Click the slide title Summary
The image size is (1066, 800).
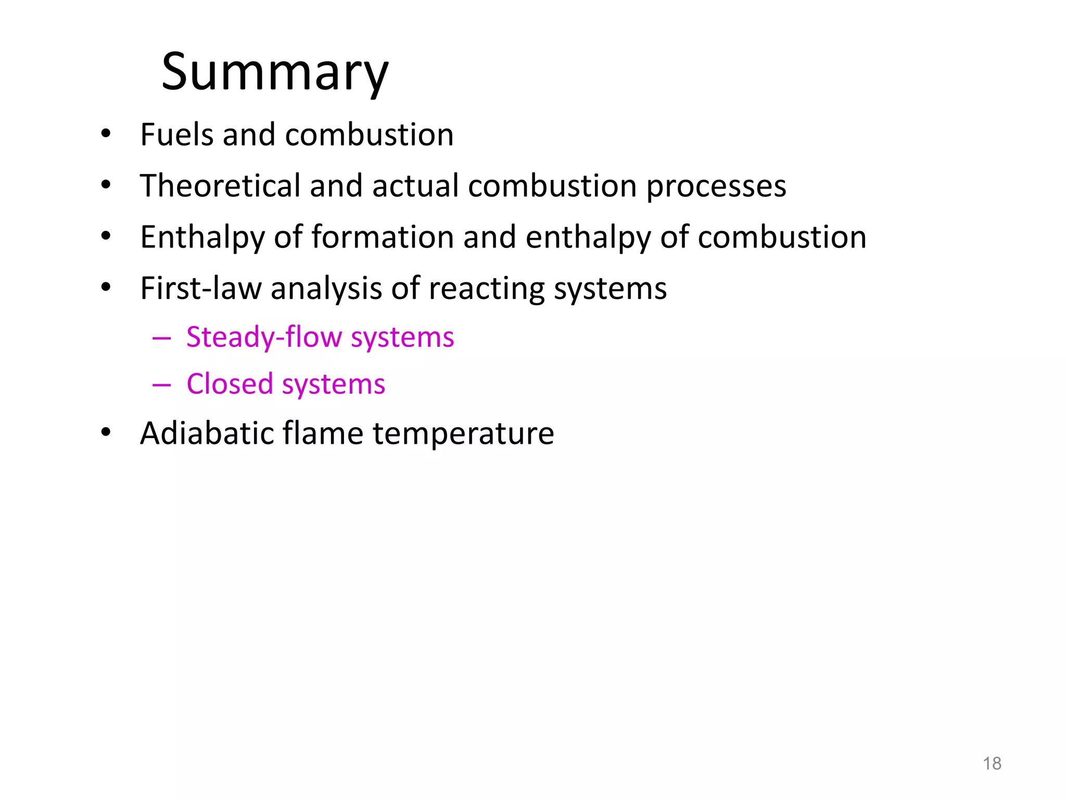pyautogui.click(x=275, y=73)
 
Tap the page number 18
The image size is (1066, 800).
pyautogui.click(x=992, y=764)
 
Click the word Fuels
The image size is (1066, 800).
pyautogui.click(x=176, y=135)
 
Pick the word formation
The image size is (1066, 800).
pyautogui.click(x=383, y=238)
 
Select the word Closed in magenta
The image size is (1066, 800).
pyautogui.click(x=230, y=384)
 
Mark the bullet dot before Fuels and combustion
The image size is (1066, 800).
pyautogui.click(x=106, y=134)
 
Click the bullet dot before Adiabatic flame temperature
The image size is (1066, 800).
pyautogui.click(x=106, y=432)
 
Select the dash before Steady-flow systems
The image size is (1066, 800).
pyautogui.click(x=161, y=339)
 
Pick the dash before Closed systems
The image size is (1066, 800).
pyautogui.click(x=161, y=385)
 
